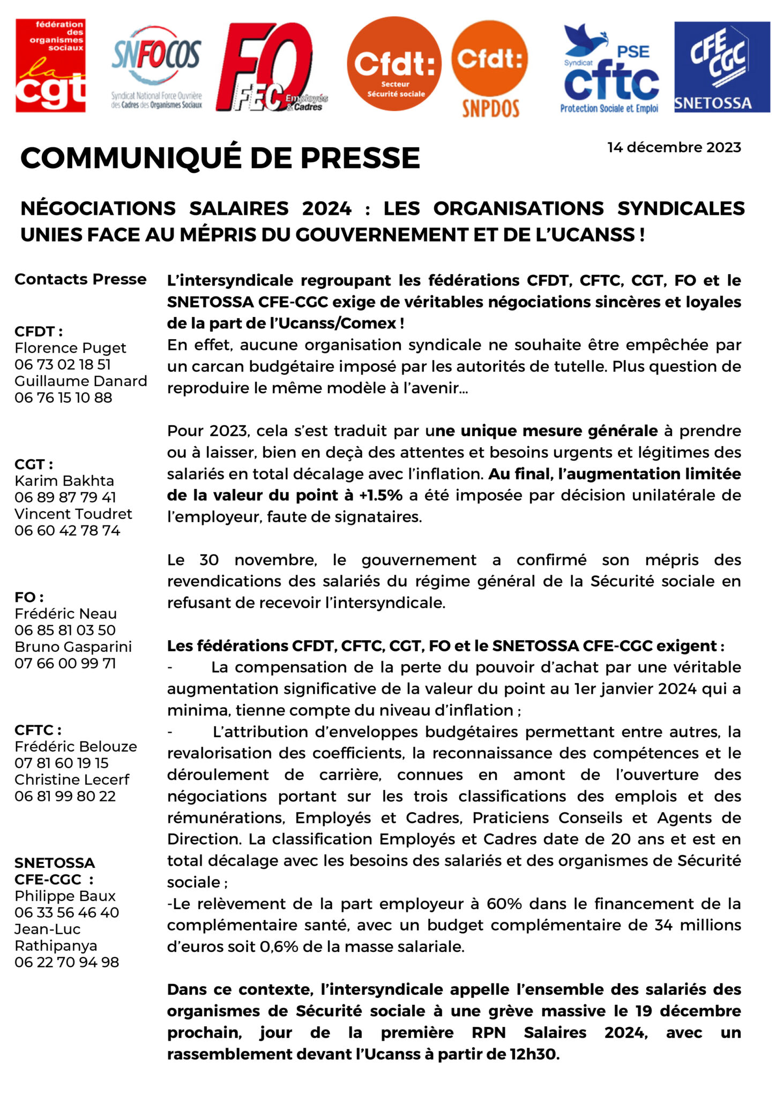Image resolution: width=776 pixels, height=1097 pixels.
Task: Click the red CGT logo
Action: [50, 65]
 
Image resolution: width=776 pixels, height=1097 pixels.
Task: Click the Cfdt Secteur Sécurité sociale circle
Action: [395, 64]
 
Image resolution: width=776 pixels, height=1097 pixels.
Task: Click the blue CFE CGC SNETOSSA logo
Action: [721, 66]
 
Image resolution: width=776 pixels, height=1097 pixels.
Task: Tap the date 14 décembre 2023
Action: [674, 147]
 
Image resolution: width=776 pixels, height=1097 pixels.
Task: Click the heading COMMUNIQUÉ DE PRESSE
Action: [220, 158]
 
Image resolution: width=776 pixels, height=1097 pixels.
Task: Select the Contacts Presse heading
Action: [80, 279]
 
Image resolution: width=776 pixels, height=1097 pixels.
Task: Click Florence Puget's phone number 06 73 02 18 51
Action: [63, 364]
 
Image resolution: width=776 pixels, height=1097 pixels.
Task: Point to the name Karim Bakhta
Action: [64, 480]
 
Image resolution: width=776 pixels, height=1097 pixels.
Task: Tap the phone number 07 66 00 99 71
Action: [65, 663]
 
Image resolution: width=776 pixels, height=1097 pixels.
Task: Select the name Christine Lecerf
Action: [72, 779]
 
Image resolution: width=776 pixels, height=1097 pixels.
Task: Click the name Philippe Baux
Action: [65, 896]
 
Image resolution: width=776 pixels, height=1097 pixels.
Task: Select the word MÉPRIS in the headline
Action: [217, 235]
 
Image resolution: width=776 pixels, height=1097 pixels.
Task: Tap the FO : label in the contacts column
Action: [29, 597]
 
